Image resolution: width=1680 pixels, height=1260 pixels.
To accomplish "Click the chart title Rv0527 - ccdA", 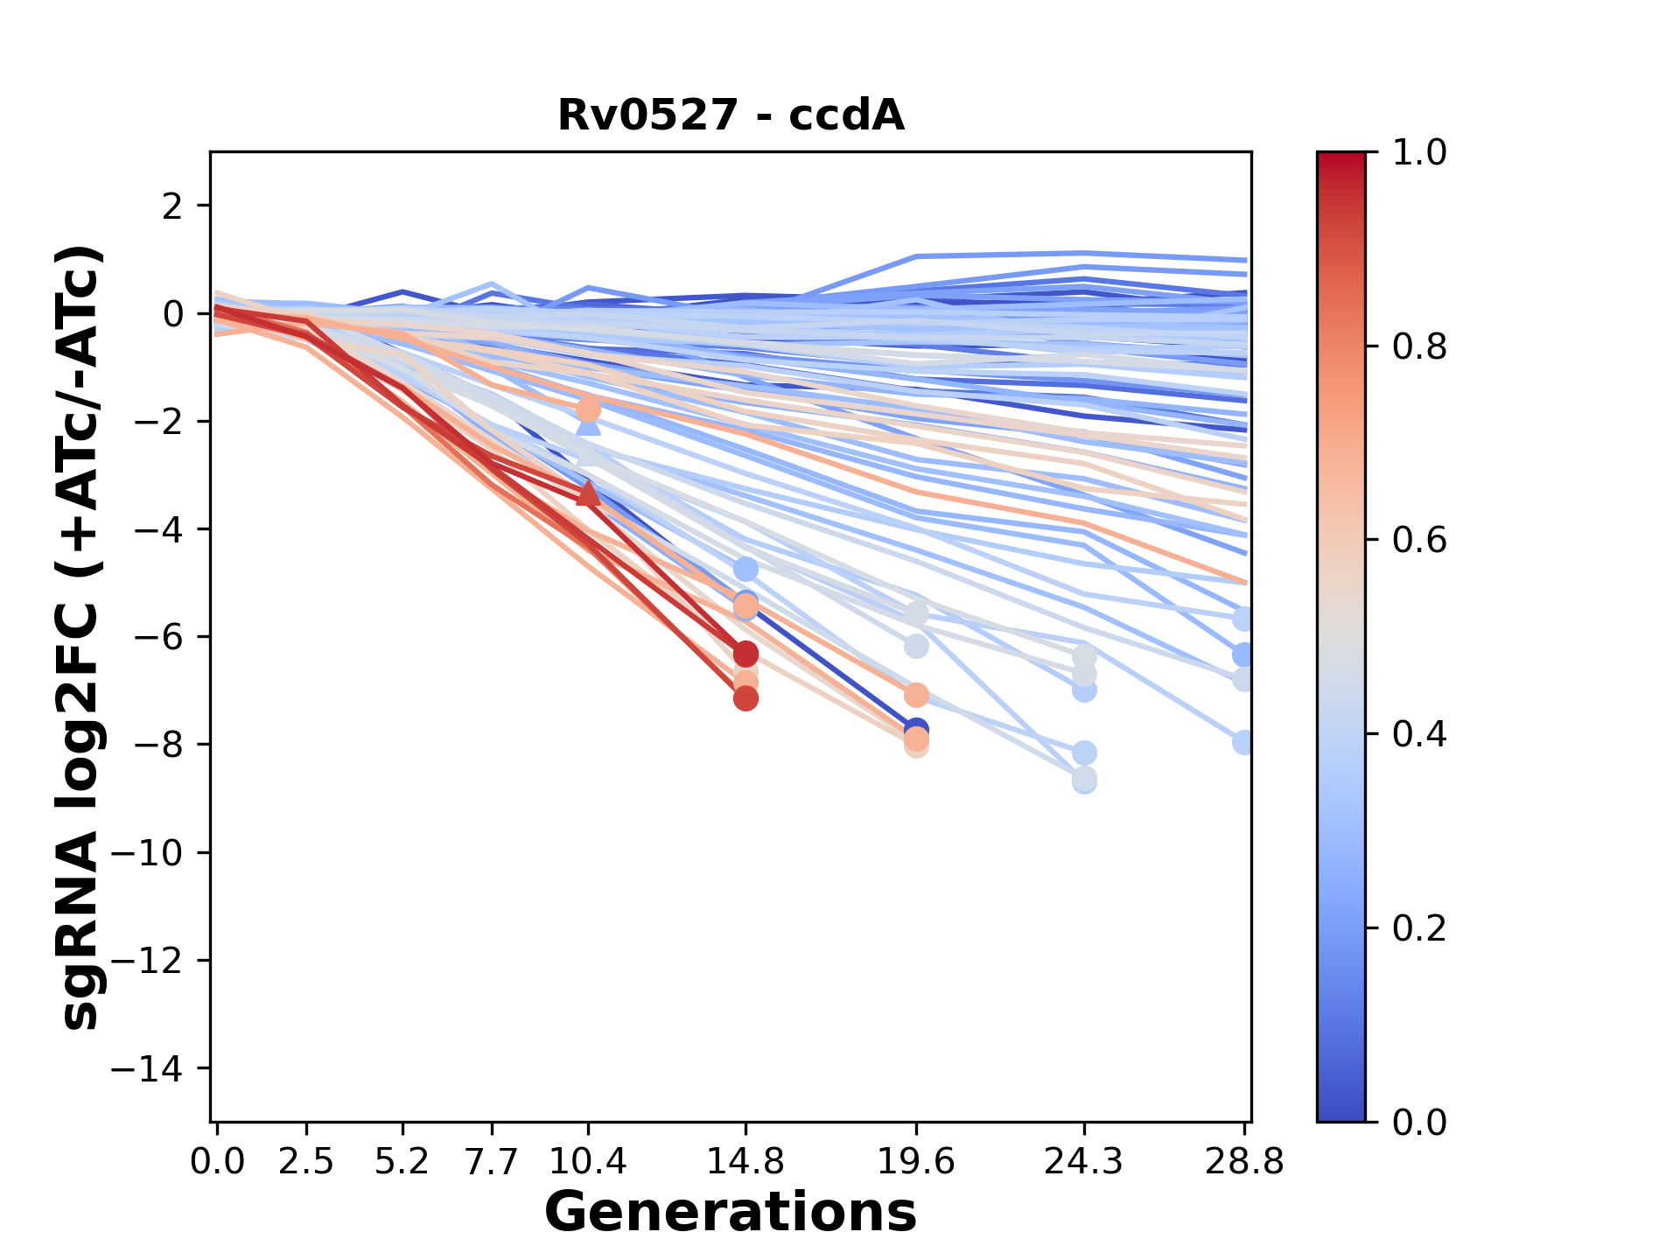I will coord(731,115).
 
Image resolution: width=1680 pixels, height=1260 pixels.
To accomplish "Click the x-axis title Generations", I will coord(731,1213).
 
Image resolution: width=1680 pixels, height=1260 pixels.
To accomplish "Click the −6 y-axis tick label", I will coord(157,637).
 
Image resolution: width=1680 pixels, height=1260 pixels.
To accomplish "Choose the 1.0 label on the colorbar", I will coord(1419,153).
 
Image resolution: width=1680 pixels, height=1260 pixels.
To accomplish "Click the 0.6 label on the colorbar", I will coord(1419,541).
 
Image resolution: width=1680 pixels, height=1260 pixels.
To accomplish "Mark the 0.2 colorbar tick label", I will coord(1419,928).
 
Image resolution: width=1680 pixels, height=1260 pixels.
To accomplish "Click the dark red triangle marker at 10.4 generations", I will coord(588,494).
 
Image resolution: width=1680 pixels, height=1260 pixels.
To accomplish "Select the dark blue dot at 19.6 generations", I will coord(915,729).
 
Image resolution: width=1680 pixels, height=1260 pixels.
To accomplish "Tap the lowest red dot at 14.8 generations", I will coord(745,698).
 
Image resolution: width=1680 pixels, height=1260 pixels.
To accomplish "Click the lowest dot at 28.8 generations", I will coord(1243,742).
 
